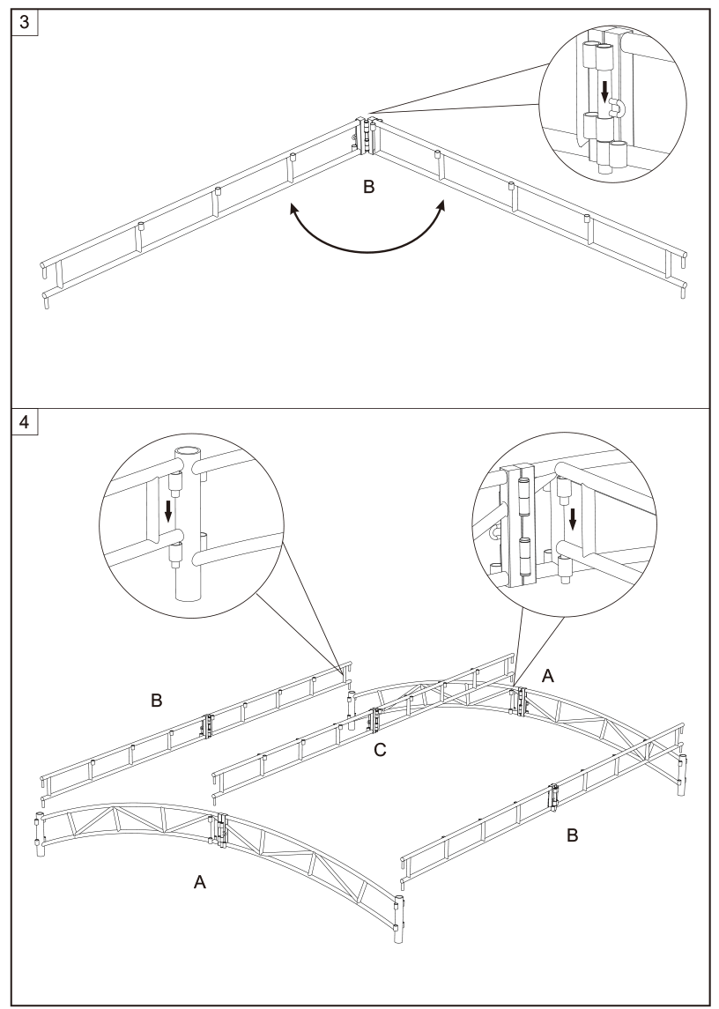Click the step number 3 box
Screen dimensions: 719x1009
point(25,22)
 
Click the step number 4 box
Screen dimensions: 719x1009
point(25,422)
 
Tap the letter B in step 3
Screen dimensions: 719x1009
point(369,187)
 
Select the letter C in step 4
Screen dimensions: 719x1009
point(381,750)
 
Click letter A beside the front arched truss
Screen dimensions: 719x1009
point(200,882)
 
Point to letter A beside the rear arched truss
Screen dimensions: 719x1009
point(548,676)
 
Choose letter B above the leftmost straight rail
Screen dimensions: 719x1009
point(157,700)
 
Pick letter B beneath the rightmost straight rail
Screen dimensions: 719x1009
point(572,836)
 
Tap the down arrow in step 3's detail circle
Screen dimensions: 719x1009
point(604,91)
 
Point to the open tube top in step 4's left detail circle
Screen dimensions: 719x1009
point(188,451)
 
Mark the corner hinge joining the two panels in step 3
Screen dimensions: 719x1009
point(367,135)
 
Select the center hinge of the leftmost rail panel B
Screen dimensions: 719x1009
point(208,725)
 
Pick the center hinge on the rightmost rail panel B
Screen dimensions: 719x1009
point(552,797)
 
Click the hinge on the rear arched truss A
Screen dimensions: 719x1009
point(521,702)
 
